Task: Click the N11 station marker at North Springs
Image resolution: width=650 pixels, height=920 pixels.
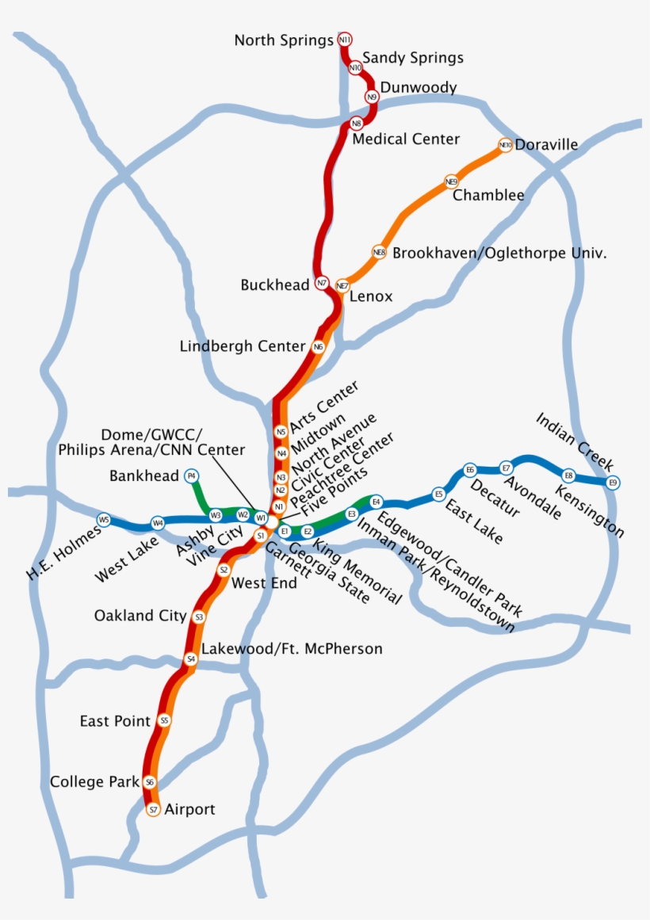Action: [x=345, y=40]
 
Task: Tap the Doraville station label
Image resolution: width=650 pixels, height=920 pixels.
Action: [x=546, y=145]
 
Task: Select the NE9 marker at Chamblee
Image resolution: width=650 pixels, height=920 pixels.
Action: [x=452, y=181]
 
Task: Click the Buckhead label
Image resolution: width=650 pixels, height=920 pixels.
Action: [x=275, y=284]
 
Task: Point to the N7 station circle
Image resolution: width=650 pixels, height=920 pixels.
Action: [x=322, y=283]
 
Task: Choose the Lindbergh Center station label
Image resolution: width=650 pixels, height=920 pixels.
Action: [x=243, y=346]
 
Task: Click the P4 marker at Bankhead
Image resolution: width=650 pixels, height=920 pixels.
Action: [x=191, y=475]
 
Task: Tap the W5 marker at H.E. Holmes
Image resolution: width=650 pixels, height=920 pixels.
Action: [x=103, y=520]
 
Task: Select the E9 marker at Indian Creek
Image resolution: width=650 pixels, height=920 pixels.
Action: [x=612, y=483]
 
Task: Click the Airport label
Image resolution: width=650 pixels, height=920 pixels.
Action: [x=189, y=809]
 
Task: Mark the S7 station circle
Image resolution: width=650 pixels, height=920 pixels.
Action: [x=154, y=810]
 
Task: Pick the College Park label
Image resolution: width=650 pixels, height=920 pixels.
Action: [x=89, y=782]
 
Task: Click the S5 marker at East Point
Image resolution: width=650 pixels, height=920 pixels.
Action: [x=164, y=721]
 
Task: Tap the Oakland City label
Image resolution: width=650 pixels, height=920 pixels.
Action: [x=140, y=616]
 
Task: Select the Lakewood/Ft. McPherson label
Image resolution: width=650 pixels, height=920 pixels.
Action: [x=292, y=649]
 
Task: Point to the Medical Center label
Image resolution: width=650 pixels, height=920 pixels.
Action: [x=406, y=139]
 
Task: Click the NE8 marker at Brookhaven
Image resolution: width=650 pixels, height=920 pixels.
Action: [x=379, y=253]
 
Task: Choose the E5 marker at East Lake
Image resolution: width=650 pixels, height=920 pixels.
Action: [x=438, y=494]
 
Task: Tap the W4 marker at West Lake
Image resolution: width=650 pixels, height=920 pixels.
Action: [x=158, y=523]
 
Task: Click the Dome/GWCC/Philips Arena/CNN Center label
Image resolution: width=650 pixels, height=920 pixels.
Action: [x=151, y=442]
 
